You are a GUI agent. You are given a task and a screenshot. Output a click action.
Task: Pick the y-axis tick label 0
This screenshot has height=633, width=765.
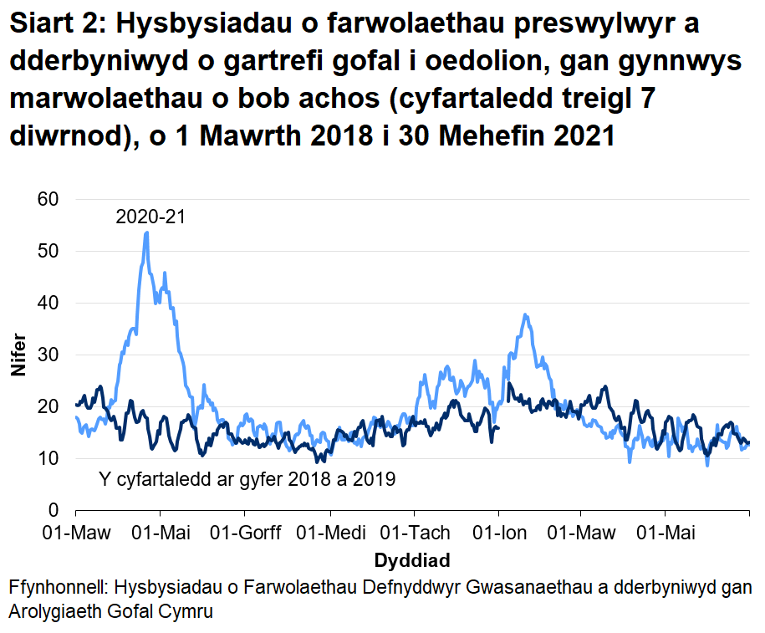[x=54, y=510]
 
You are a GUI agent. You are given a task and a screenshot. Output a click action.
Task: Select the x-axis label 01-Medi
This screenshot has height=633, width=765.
[x=329, y=533]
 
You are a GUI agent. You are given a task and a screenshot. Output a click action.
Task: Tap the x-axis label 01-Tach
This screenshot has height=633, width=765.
[x=415, y=533]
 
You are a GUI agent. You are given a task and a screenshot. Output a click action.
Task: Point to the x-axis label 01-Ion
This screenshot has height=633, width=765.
[x=499, y=533]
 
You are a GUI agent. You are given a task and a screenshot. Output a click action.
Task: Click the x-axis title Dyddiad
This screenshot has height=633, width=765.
[x=412, y=559]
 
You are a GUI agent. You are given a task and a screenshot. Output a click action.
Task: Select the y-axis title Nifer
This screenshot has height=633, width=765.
[x=18, y=355]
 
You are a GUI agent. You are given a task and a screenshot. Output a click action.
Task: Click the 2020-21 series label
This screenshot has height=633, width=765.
[x=150, y=217]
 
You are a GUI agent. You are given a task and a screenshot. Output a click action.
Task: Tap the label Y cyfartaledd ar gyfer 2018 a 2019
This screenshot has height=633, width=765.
[x=247, y=480]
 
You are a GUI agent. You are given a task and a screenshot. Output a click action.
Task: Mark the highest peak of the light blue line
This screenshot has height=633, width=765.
[x=146, y=232]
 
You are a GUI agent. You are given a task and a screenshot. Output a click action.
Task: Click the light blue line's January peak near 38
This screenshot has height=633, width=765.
[x=524, y=314]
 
